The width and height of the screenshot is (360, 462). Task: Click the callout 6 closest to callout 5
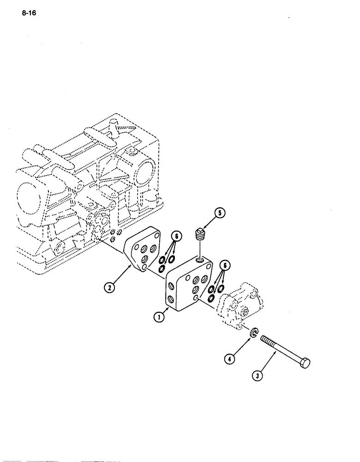[176, 237]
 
